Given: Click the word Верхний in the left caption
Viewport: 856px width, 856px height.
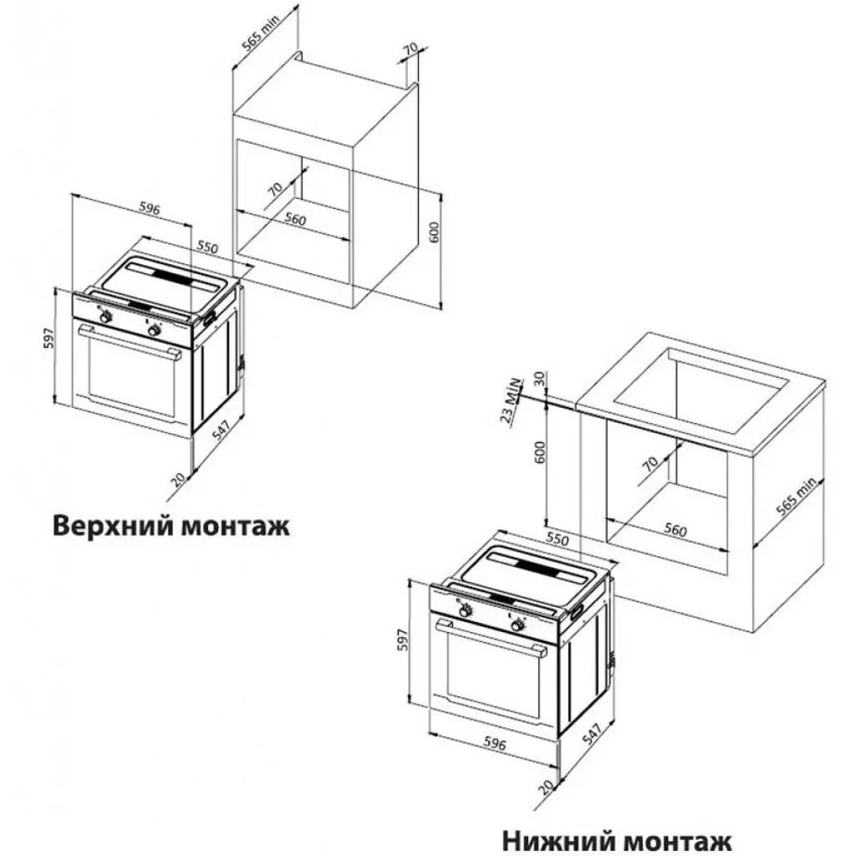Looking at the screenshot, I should pyautogui.click(x=110, y=527).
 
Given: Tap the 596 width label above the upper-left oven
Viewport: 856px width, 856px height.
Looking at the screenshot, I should pyautogui.click(x=149, y=209).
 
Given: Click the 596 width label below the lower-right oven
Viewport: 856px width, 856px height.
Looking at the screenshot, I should pyautogui.click(x=498, y=746).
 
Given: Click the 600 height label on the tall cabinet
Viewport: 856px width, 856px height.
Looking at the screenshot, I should pyautogui.click(x=433, y=232).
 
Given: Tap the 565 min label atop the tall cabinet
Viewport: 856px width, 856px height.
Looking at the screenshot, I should pyautogui.click(x=261, y=32).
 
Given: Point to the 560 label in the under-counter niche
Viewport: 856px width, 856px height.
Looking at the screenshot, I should pyautogui.click(x=675, y=530).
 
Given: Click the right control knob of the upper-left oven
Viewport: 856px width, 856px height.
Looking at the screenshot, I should pyautogui.click(x=154, y=330).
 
